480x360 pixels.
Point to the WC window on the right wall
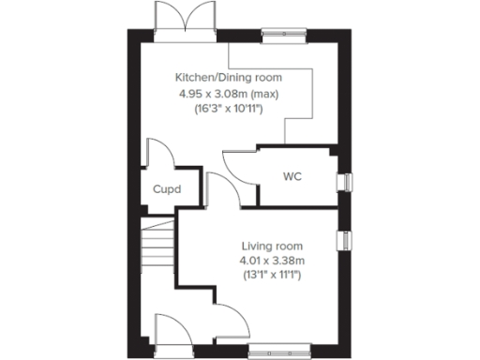click(x=349, y=182)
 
